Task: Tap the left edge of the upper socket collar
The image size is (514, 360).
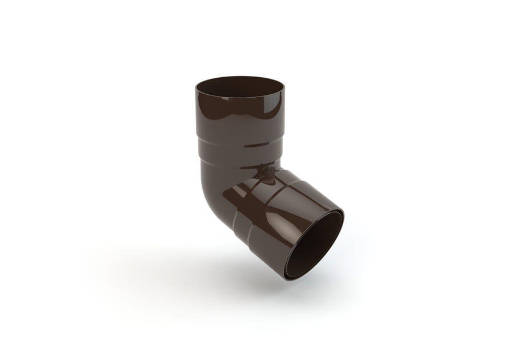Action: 197,114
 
